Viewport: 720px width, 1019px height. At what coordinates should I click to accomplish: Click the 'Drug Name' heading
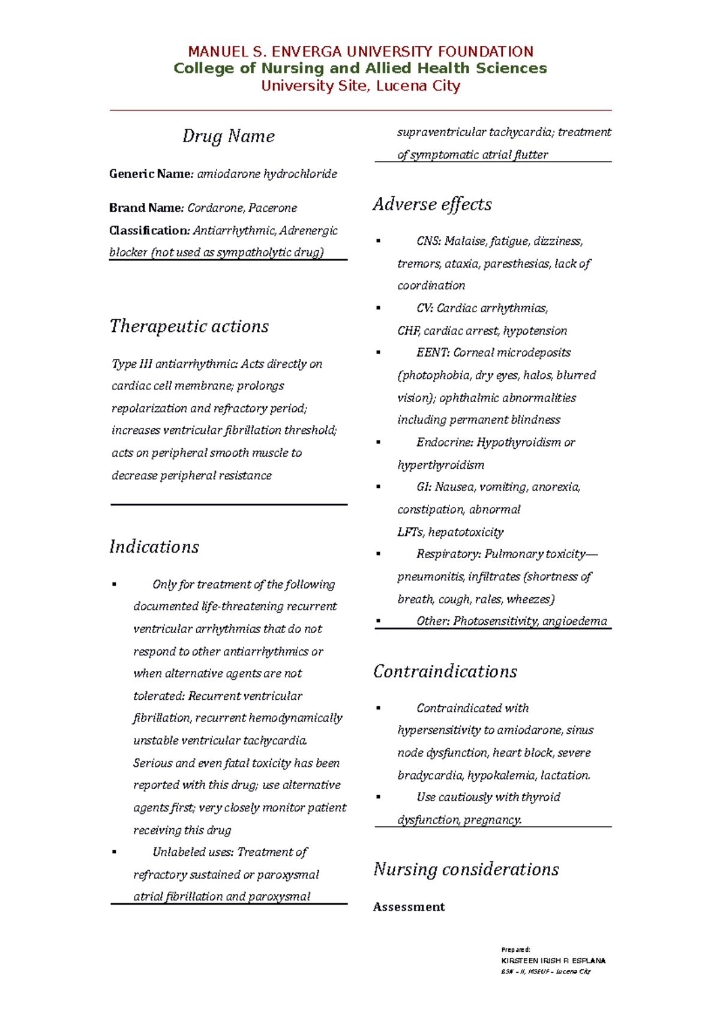tap(229, 136)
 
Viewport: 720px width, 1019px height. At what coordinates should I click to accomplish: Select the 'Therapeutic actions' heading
tap(189, 326)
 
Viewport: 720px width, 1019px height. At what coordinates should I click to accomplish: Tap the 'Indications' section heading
tap(154, 547)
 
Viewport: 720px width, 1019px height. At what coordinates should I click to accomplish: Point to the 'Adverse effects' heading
tap(432, 205)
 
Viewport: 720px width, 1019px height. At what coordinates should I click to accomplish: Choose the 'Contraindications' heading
tap(445, 672)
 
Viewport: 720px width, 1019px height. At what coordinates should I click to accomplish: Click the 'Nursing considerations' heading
tap(466, 870)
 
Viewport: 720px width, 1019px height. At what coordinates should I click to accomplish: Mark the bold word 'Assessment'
tap(409, 907)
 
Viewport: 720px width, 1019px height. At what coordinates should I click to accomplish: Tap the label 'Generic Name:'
tap(151, 174)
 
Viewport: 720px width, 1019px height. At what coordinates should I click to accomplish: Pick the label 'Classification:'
tap(149, 230)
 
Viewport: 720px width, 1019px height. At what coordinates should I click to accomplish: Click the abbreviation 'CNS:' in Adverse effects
tap(428, 241)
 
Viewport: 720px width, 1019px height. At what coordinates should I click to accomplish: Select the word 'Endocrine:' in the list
tap(445, 443)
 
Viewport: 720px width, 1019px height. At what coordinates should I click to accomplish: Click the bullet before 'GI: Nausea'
tap(378, 487)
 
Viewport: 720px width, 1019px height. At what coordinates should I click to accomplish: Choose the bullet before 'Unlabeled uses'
tap(114, 852)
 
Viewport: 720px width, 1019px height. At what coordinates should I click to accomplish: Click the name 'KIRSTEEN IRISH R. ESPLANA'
tap(553, 961)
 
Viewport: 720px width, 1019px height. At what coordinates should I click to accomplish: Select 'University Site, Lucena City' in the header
tap(361, 86)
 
